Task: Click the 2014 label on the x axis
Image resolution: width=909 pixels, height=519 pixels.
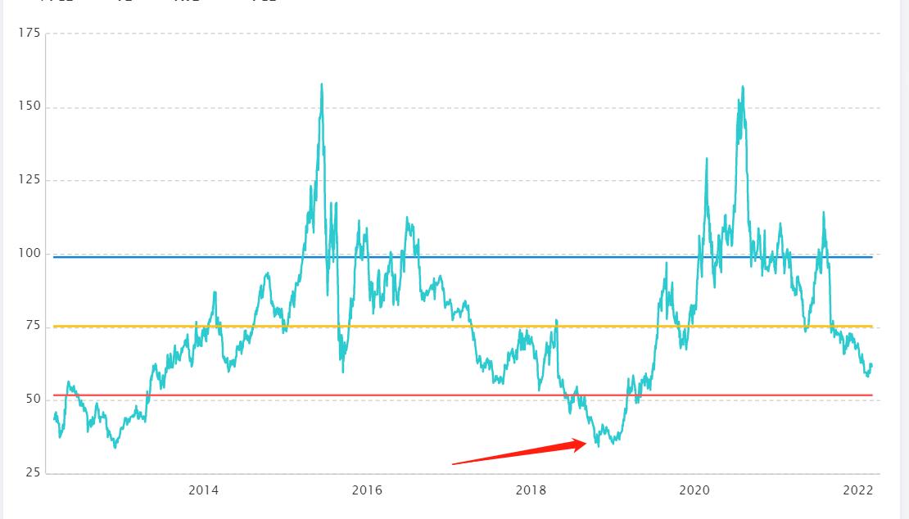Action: click(203, 490)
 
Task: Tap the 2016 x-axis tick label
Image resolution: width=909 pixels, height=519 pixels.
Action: click(367, 490)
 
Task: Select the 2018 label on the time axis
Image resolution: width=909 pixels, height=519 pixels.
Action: click(531, 490)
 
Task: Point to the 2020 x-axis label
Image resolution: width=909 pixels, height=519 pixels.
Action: click(694, 490)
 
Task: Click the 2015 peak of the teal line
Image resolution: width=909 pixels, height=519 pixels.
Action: click(321, 83)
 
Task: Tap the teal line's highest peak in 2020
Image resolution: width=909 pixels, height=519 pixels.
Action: click(743, 86)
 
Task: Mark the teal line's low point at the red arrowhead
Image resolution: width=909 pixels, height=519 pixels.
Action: click(599, 446)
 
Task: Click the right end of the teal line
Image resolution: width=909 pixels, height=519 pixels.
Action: click(872, 365)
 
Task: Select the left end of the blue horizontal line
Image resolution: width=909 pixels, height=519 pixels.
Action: click(53, 257)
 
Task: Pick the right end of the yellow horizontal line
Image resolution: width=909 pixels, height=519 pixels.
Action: click(872, 327)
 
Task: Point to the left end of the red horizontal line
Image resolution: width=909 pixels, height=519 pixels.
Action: click(53, 395)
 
